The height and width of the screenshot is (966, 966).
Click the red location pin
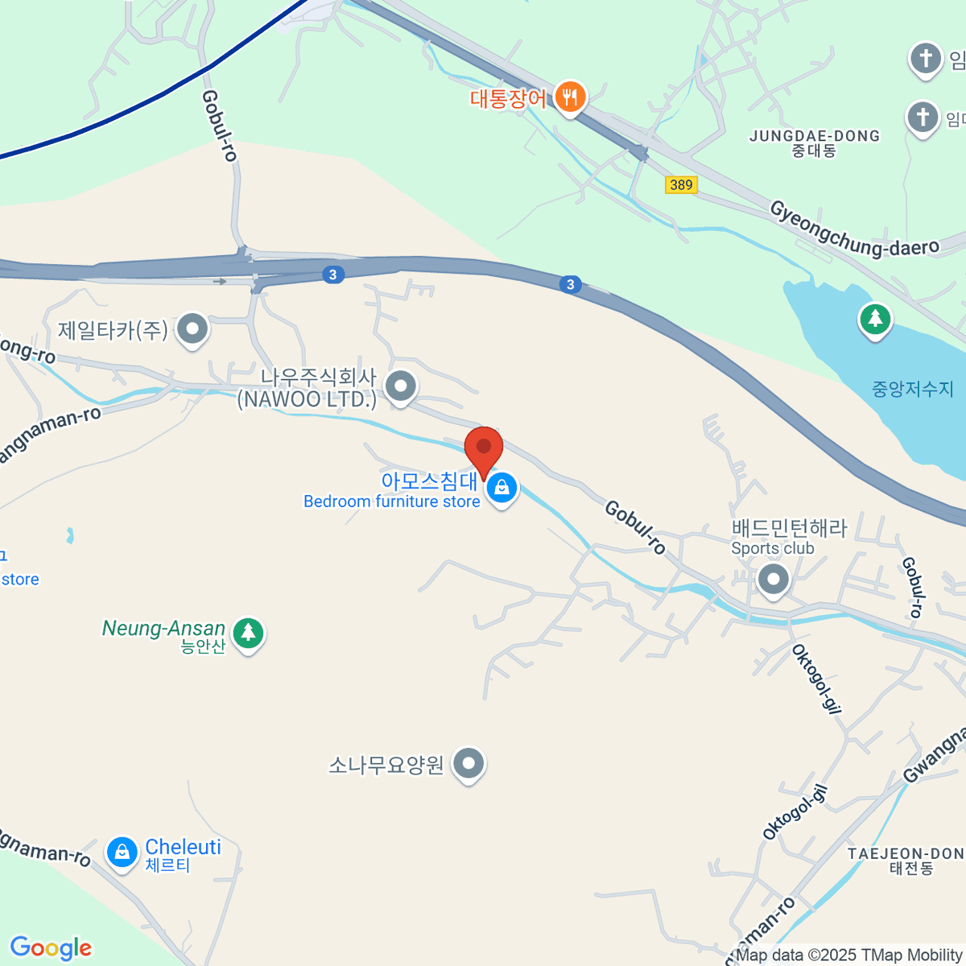[484, 448]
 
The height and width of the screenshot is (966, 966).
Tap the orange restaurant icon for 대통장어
[570, 97]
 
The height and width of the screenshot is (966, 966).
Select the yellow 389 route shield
[681, 185]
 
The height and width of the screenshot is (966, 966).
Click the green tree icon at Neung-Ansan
[248, 633]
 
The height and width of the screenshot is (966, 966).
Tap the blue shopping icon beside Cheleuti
[122, 852]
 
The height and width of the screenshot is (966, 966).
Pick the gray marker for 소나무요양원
[469, 762]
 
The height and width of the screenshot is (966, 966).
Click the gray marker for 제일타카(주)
[192, 328]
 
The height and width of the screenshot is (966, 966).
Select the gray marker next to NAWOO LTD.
[400, 386]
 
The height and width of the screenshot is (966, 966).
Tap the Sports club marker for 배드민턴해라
[773, 578]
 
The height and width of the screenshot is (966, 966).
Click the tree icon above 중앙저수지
[875, 319]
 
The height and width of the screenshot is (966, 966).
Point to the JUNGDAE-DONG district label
[815, 142]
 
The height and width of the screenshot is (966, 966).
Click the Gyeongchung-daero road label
[854, 230]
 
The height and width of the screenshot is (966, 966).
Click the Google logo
[51, 948]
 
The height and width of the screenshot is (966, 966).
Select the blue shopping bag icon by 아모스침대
[502, 487]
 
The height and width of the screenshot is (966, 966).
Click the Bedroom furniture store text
[391, 502]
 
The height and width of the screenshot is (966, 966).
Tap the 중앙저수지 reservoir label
[912, 390]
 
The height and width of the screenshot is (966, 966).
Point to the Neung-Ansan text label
[163, 629]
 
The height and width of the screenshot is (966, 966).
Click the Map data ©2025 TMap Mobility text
[849, 956]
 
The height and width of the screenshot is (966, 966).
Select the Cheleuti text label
[183, 847]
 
